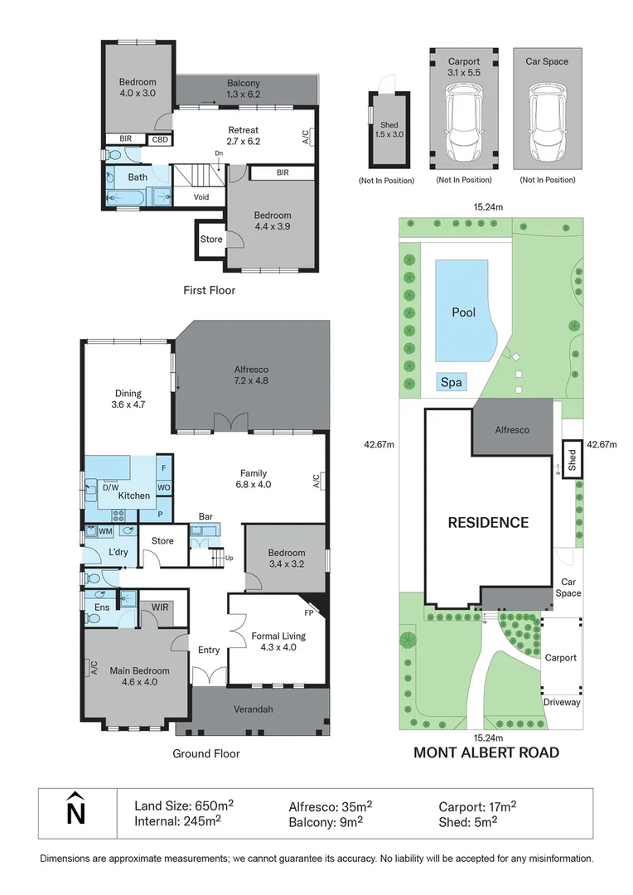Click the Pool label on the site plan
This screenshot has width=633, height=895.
[463, 312]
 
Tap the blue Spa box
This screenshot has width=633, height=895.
[452, 382]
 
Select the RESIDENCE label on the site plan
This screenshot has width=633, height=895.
[488, 522]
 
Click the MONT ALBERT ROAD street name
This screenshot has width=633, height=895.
[486, 752]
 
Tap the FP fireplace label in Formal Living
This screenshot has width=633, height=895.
[310, 614]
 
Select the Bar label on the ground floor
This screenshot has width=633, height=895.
[205, 517]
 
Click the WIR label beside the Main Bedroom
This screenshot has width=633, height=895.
[160, 607]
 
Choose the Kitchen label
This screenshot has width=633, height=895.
[133, 496]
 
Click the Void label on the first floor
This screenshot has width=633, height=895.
[201, 197]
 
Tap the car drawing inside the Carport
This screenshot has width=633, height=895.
[463, 125]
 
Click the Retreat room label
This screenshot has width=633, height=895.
[244, 130]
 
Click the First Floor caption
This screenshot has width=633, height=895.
[209, 290]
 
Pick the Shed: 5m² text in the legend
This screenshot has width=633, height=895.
[467, 821]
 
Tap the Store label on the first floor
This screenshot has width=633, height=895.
[211, 239]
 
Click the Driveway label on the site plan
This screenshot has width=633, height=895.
[562, 702]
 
